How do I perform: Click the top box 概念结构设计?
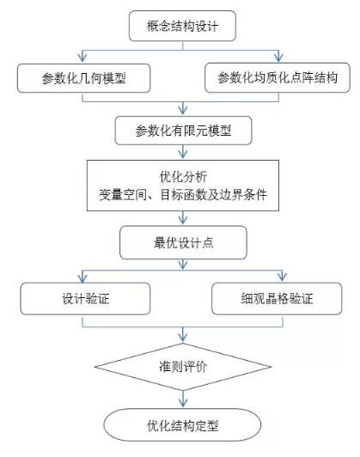pyautogui.click(x=182, y=26)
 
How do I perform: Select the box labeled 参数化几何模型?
pyautogui.click(x=83, y=78)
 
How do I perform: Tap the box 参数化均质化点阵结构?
pyautogui.click(x=278, y=78)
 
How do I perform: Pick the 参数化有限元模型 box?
pyautogui.click(x=183, y=131)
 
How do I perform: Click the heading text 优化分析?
pyautogui.click(x=183, y=177)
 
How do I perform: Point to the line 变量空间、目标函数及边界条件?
pyautogui.click(x=183, y=195)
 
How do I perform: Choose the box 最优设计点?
pyautogui.click(x=183, y=242)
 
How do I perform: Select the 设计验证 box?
pyautogui.click(x=85, y=298)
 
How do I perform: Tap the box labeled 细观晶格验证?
pyautogui.click(x=277, y=298)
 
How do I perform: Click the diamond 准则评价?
pyautogui.click(x=183, y=367)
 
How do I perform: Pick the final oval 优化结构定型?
pyautogui.click(x=182, y=425)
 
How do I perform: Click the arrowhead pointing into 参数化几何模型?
pyautogui.click(x=82, y=57)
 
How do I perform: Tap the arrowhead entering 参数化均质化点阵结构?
pyautogui.click(x=278, y=57)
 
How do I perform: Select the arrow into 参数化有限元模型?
pyautogui.click(x=183, y=108)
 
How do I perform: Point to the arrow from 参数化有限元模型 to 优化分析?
pyautogui.click(x=183, y=151)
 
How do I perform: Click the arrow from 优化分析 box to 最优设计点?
pyautogui.click(x=183, y=217)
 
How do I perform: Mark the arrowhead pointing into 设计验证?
pyautogui.click(x=82, y=277)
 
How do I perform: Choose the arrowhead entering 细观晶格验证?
pyautogui.click(x=282, y=277)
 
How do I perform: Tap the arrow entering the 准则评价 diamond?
pyautogui.click(x=183, y=334)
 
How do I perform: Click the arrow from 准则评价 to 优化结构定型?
pyautogui.click(x=183, y=399)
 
